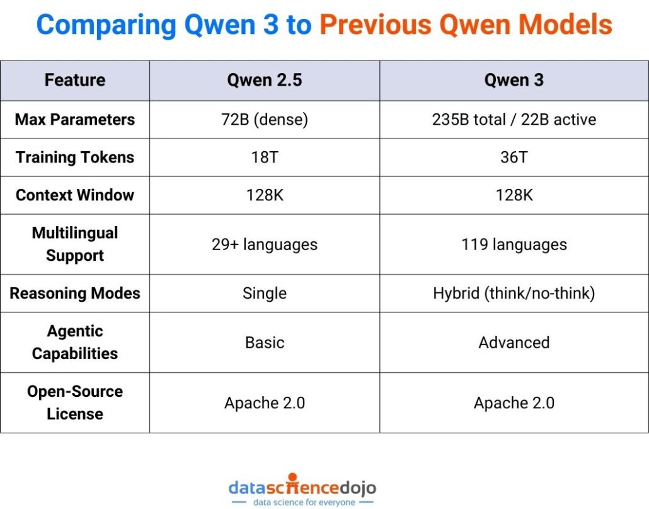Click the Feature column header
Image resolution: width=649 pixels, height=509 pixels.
[74, 81]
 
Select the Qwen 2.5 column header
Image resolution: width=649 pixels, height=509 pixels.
[265, 81]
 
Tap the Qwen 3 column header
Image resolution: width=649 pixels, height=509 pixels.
[514, 81]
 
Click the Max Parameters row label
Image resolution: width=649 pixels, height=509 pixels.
[74, 120]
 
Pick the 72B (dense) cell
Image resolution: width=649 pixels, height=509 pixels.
[265, 120]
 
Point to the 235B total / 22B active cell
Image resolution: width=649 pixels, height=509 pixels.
[514, 120]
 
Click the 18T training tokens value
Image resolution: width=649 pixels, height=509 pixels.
[265, 157]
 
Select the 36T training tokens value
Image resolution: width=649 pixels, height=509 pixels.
[514, 157]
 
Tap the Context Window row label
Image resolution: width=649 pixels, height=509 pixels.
[74, 195]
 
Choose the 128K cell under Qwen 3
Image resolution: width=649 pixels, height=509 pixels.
[514, 195]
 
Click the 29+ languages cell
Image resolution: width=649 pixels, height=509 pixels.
[265, 244]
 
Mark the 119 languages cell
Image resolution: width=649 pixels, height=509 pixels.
[514, 244]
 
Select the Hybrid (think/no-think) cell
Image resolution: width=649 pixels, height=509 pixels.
[514, 294]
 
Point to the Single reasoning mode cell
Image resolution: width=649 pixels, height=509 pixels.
[265, 294]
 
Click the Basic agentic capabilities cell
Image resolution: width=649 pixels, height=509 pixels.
[265, 343]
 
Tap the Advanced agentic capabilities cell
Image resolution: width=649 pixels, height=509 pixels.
[514, 343]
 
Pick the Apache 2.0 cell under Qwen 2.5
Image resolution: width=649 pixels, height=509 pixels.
[265, 403]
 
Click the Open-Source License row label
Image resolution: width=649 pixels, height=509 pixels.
[74, 403]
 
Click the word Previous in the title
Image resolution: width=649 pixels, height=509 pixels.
[372, 25]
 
